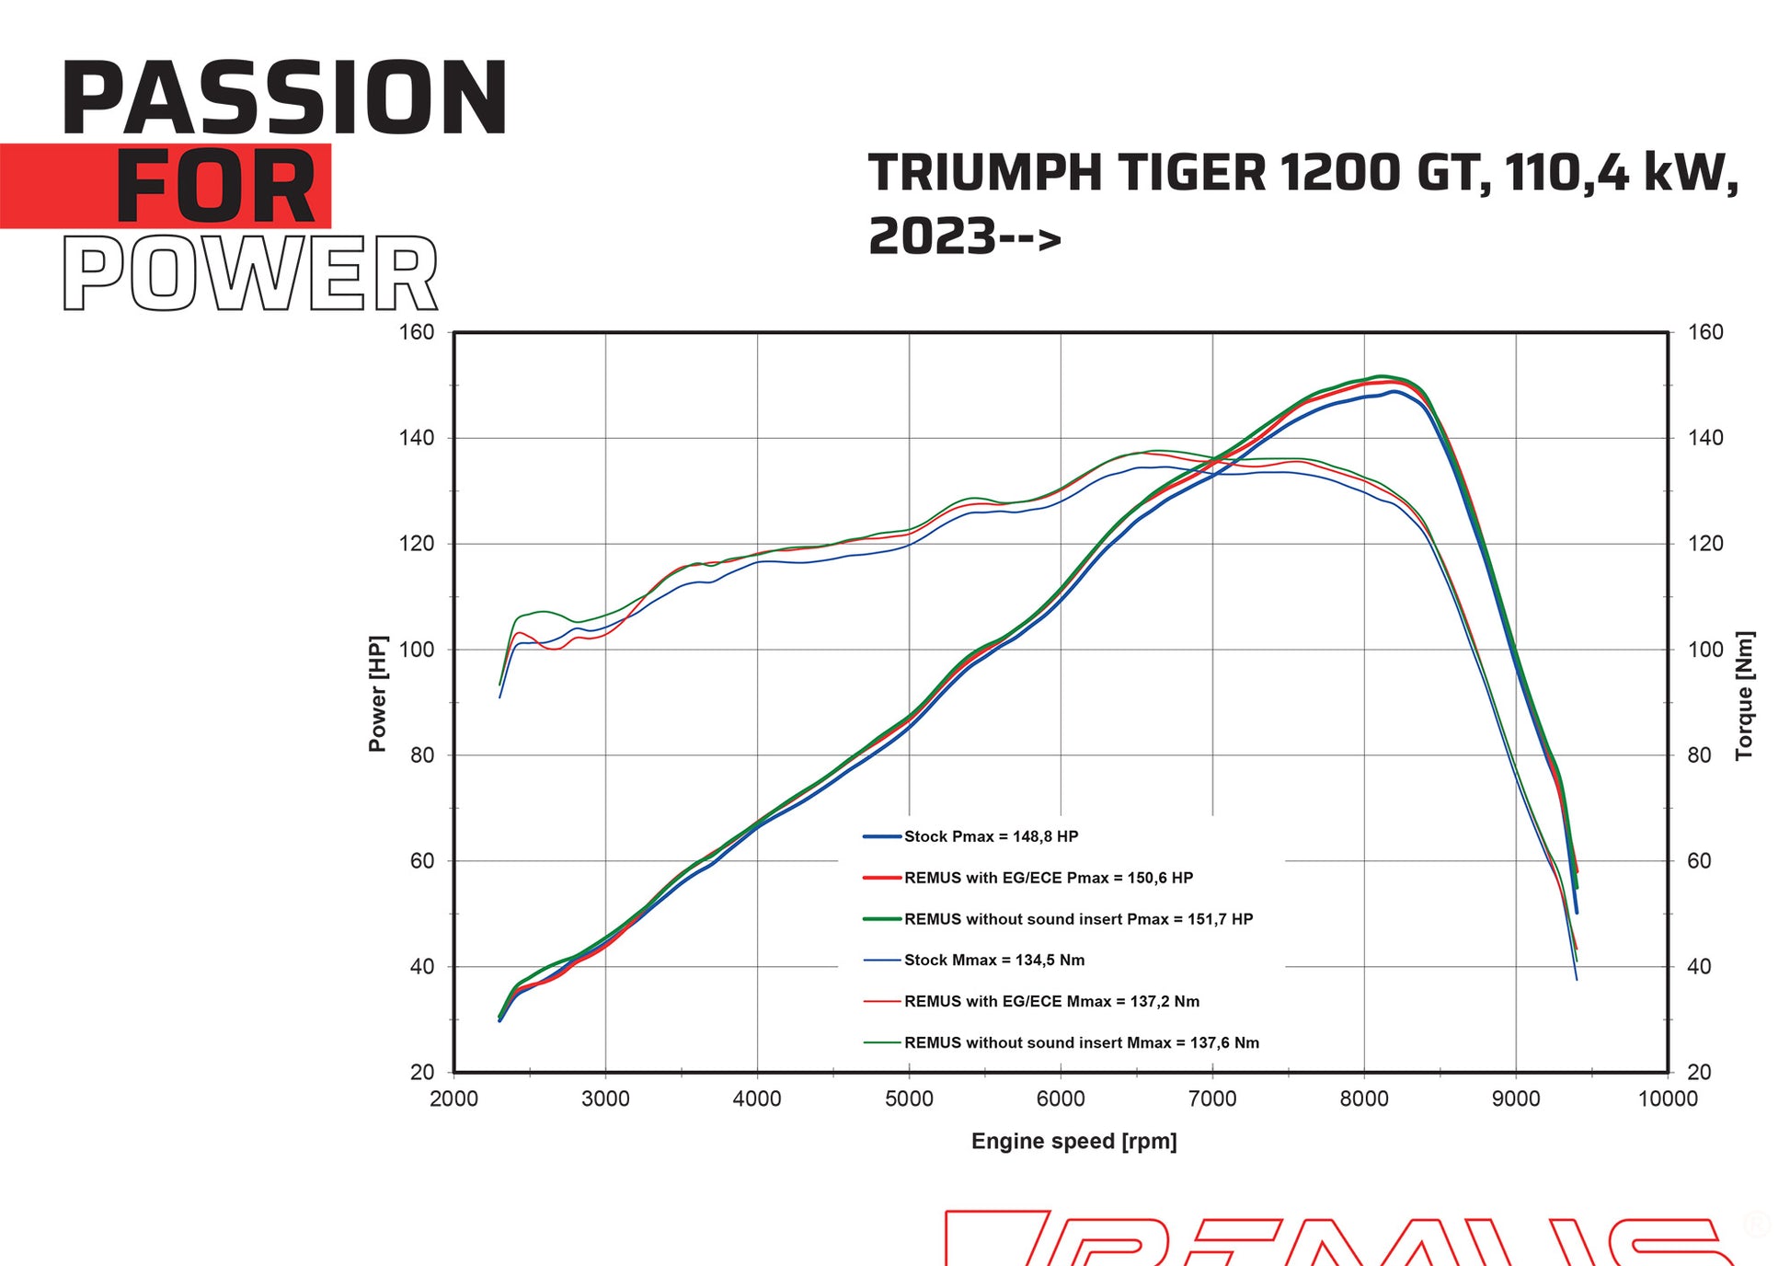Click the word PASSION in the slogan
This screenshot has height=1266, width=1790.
(284, 98)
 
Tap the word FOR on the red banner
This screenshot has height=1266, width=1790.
(215, 187)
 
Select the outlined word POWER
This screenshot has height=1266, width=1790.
(250, 273)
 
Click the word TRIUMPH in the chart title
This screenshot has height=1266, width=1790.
(984, 173)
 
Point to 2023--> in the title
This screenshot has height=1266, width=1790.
(964, 236)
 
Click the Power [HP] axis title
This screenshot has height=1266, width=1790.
(377, 694)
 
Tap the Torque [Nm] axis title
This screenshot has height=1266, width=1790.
(1744, 696)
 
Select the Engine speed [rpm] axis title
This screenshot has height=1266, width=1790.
(1073, 1142)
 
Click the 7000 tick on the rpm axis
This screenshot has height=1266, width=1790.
(1211, 1099)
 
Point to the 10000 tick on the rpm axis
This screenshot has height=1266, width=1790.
(1667, 1099)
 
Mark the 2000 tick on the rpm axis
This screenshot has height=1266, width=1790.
(453, 1099)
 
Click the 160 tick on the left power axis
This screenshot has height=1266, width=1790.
(417, 332)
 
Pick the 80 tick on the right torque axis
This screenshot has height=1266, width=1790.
(1699, 755)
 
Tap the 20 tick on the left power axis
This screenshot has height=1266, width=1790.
(422, 1072)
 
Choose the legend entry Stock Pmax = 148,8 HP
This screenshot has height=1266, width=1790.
(990, 836)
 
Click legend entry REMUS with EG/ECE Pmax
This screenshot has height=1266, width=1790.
(1048, 878)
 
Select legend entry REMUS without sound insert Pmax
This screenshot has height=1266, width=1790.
(1077, 919)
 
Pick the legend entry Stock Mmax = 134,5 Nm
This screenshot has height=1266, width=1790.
(993, 961)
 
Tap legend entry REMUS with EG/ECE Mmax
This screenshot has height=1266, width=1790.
(1050, 1002)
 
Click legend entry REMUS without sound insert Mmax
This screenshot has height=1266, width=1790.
(1081, 1043)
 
